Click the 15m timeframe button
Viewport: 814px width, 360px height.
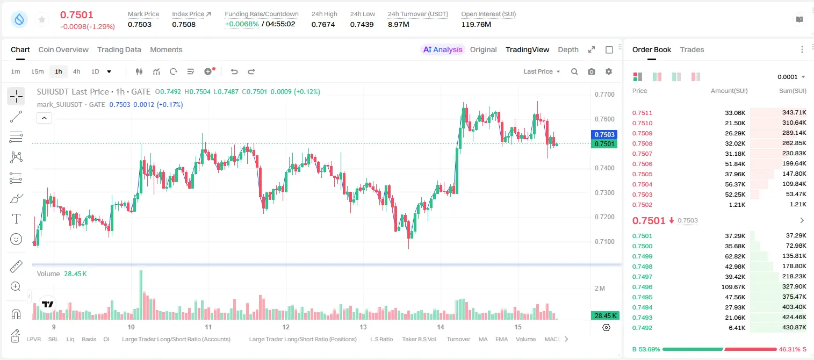point(38,71)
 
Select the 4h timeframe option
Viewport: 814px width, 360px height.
point(76,71)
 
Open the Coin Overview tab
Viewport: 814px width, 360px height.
point(63,49)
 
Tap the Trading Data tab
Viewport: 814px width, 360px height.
point(119,49)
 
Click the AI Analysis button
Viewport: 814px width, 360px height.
point(443,49)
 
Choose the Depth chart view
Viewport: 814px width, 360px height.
point(568,49)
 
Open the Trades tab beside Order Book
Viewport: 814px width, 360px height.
point(692,49)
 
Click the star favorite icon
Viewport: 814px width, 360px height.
point(42,19)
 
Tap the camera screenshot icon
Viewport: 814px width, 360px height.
point(592,71)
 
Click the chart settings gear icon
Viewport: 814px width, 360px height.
point(609,71)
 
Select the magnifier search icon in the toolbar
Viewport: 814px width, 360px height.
point(574,71)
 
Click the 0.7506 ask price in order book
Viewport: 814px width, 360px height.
point(642,164)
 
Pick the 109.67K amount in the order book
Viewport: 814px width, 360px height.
point(733,287)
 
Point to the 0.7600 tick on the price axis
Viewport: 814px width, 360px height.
point(604,119)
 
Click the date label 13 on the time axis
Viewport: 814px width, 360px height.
point(363,327)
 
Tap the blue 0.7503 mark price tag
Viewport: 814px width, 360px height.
point(604,134)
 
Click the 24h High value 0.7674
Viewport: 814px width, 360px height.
point(323,24)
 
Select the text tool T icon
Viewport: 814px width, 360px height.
point(16,219)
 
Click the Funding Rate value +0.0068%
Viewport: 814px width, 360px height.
point(242,24)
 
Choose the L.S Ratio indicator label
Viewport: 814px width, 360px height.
point(381,339)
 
